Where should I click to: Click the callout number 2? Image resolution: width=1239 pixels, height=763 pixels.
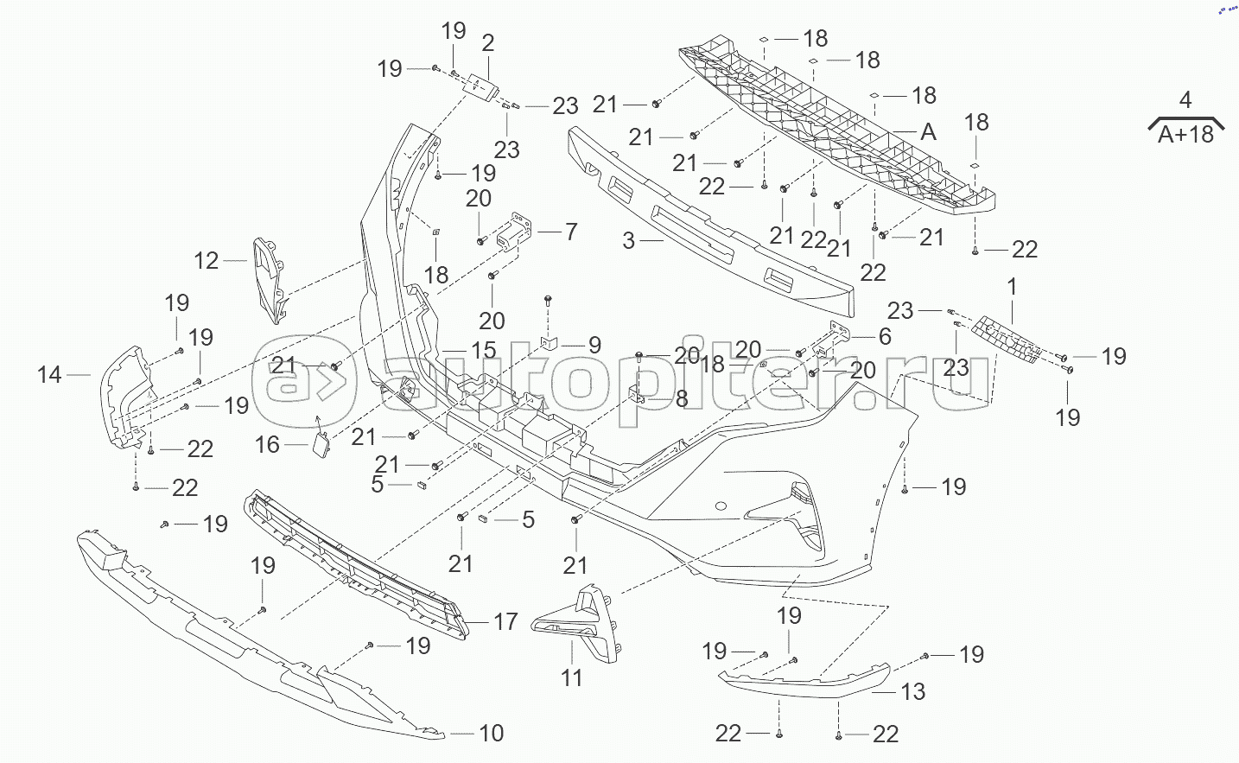488,42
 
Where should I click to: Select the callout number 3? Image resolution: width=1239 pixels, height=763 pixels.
629,240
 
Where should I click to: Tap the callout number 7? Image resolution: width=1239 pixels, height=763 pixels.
570,232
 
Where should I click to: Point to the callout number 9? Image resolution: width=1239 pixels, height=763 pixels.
594,345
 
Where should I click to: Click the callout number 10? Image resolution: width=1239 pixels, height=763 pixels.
491,734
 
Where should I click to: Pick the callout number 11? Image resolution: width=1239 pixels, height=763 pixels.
572,677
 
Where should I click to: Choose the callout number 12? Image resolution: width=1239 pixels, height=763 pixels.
206,260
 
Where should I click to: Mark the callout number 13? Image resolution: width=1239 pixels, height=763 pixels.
913,691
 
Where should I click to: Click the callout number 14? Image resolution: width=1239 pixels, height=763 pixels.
50,374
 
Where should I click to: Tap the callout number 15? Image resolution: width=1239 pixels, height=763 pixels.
484,350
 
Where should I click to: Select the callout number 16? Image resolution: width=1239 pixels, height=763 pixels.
268,444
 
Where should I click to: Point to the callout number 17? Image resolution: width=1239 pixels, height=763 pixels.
505,620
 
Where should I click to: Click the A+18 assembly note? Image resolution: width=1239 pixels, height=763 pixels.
1185,134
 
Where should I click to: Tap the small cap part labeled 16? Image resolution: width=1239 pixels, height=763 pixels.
319,443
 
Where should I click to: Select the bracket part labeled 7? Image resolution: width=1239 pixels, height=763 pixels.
512,231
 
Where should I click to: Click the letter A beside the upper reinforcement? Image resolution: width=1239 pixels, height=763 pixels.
928,131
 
